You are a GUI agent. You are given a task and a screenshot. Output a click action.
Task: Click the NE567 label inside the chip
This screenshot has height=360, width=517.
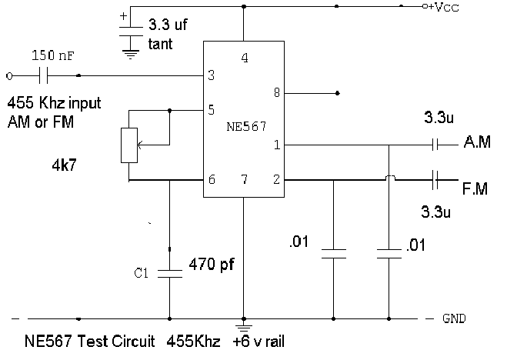[x=246, y=126]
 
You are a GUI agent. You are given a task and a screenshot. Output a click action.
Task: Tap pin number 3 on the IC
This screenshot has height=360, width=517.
[x=212, y=75]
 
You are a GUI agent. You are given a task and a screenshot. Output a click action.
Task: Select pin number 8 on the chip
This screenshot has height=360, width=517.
[x=277, y=92]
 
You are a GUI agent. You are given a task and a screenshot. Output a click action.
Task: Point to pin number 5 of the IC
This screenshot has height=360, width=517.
[x=212, y=110]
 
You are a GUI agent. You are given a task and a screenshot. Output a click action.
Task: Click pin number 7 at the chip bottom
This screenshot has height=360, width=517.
[x=245, y=179]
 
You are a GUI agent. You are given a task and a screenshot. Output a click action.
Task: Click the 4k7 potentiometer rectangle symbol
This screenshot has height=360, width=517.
[x=129, y=145]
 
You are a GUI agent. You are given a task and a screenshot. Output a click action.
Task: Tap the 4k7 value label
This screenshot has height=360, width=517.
[x=65, y=164]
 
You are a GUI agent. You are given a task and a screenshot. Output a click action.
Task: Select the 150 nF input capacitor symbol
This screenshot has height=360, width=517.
[x=43, y=75]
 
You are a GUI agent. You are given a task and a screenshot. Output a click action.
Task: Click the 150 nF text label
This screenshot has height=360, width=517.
[x=53, y=55]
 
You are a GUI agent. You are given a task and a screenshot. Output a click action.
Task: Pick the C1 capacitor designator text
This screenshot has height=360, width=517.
[x=141, y=273]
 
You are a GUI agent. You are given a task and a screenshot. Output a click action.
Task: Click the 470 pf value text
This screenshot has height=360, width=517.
[x=212, y=265]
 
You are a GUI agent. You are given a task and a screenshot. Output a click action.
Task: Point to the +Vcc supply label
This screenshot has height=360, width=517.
[x=443, y=7]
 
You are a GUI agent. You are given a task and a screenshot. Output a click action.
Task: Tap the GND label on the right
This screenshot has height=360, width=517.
[x=454, y=318]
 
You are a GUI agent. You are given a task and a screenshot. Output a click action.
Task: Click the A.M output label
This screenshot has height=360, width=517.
[x=477, y=142]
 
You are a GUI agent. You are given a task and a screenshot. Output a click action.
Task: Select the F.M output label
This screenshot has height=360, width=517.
[x=475, y=188]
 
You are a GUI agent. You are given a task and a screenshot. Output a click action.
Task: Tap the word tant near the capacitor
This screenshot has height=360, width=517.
[x=160, y=44]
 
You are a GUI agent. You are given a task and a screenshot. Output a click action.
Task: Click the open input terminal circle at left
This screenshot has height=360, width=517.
[x=9, y=76]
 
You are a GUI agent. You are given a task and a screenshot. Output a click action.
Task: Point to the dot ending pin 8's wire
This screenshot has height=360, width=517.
[x=337, y=93]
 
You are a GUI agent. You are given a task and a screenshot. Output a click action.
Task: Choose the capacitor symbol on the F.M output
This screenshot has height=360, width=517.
[x=435, y=180]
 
